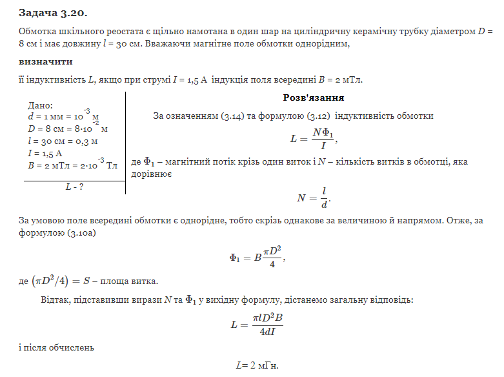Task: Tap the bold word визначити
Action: pos(46,62)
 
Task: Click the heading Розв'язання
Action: pos(313,98)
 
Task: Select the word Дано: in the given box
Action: pos(41,105)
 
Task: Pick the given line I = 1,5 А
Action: pos(45,153)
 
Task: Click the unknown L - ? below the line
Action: pos(75,187)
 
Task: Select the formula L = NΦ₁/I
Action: pos(314,138)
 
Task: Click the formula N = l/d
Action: pos(314,198)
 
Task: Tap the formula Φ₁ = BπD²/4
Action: pos(256,256)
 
